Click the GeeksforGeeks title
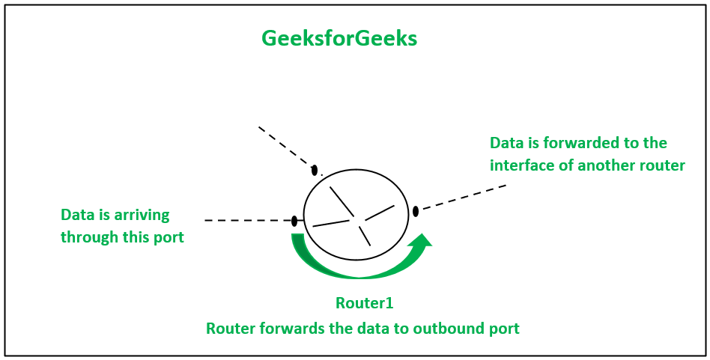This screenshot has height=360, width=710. [x=339, y=39]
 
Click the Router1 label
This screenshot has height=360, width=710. [x=364, y=303]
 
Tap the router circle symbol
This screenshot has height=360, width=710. [x=356, y=215]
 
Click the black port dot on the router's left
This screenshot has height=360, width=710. [x=294, y=221]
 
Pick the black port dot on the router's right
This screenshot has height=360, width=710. [x=416, y=211]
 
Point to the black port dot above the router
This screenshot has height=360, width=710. [x=315, y=170]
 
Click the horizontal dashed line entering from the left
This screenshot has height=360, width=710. [x=247, y=221]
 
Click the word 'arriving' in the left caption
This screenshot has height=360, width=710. [x=142, y=216]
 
